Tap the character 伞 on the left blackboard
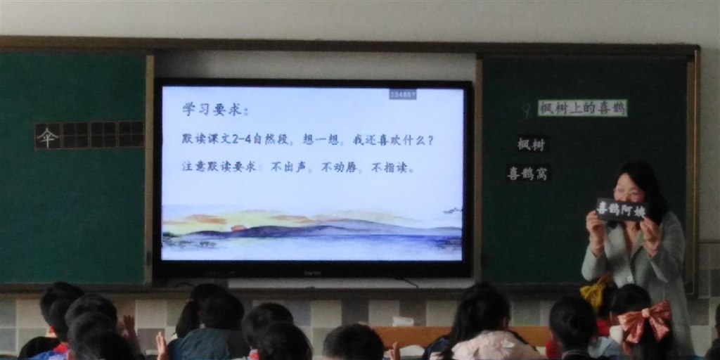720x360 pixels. point(47,136)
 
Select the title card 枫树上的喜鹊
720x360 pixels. point(582,108)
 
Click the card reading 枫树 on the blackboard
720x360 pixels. point(531,144)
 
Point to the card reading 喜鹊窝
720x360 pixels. point(528,173)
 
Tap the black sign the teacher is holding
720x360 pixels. point(621,210)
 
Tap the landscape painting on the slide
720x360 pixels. point(312,231)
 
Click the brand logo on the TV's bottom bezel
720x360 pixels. point(312,272)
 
